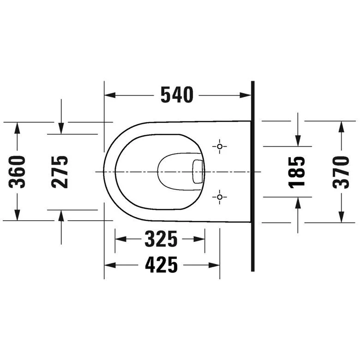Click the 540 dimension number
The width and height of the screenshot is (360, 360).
[x=177, y=95]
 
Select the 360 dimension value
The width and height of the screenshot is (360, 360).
[x=17, y=172]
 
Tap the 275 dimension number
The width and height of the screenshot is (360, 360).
[x=60, y=172]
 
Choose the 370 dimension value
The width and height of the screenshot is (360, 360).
[x=341, y=172]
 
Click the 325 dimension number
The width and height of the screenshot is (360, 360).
[x=161, y=239]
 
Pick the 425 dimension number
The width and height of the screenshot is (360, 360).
[x=162, y=265]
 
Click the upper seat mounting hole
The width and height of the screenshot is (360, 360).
[x=220, y=146]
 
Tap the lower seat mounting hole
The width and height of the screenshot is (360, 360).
[x=220, y=197]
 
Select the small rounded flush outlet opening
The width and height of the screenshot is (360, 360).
[x=198, y=172]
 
